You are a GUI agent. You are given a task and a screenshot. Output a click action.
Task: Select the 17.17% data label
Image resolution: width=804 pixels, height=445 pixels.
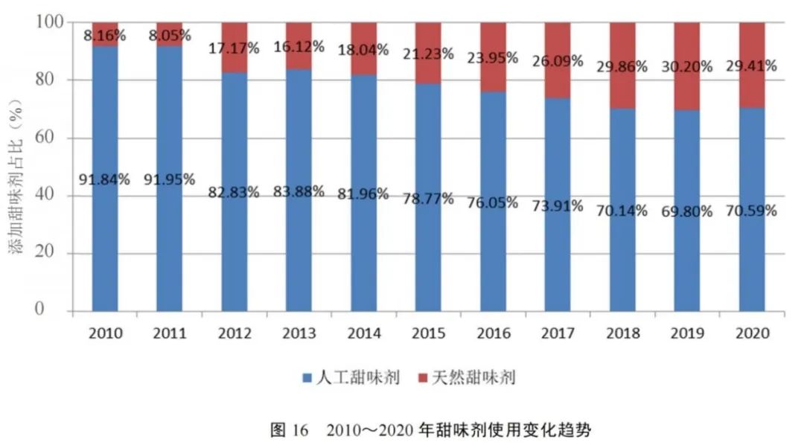pyautogui.click(x=234, y=48)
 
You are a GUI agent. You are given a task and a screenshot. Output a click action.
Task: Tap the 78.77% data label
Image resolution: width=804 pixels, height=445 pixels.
pyautogui.click(x=428, y=199)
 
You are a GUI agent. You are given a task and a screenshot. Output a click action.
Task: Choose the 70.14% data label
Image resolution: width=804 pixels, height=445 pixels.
pyautogui.click(x=622, y=211)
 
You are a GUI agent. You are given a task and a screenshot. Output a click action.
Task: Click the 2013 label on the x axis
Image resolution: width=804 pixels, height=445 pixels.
pyautogui.click(x=299, y=333)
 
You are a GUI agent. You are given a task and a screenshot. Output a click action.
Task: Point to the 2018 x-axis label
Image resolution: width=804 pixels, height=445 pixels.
pyautogui.click(x=622, y=333)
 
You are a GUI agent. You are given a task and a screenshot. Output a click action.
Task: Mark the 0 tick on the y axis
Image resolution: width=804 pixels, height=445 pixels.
pyautogui.click(x=61, y=311)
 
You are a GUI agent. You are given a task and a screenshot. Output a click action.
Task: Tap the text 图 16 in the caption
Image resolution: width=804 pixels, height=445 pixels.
pyautogui.click(x=288, y=429)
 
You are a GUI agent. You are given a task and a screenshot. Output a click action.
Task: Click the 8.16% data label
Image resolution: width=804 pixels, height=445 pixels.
pyautogui.click(x=105, y=34)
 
